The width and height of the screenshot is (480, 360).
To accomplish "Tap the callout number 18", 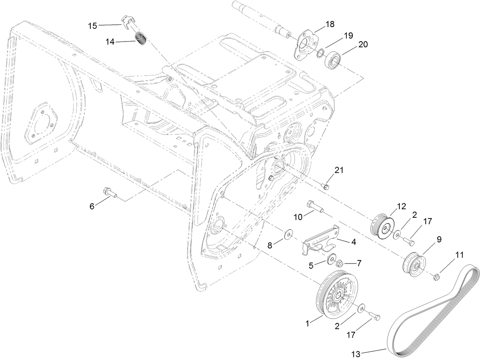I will [x=330, y=24].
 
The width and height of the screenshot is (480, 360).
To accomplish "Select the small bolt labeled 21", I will [x=325, y=186].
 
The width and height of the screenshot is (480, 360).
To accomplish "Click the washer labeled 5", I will [x=331, y=259].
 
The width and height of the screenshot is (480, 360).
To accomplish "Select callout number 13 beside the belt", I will [x=356, y=354].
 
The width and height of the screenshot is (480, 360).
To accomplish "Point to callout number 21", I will [x=339, y=170].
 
